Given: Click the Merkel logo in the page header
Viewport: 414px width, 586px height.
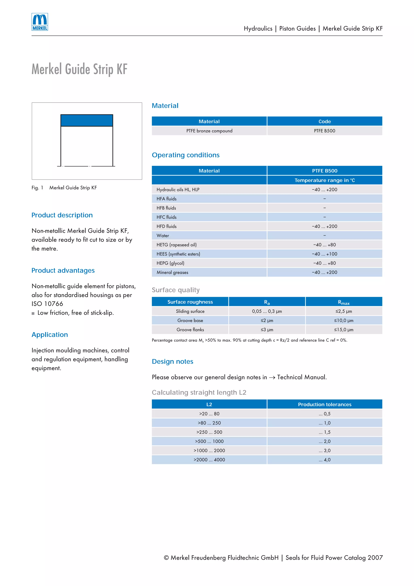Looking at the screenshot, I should (40, 22).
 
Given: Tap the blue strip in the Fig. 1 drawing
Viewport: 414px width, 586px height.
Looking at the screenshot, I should (87, 120).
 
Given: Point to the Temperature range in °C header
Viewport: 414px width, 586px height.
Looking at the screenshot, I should (324, 180).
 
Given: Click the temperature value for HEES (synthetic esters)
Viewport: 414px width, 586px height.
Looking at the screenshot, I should (324, 254).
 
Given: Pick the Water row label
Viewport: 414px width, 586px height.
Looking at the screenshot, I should (163, 236).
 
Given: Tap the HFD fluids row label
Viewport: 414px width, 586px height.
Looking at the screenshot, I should (166, 226).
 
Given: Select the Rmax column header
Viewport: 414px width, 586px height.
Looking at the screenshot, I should (344, 302).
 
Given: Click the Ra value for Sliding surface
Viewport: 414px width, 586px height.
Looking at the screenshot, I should (267, 311).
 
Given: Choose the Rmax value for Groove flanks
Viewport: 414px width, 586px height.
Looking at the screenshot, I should (344, 330).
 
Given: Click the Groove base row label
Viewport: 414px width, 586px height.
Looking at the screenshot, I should (190, 321).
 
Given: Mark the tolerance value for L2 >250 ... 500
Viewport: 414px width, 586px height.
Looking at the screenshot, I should (324, 432).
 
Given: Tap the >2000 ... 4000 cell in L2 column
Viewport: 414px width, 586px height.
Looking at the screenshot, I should (209, 460).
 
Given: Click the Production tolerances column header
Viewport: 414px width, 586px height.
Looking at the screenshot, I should (324, 405).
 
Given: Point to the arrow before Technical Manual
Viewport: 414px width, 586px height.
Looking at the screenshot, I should (272, 378).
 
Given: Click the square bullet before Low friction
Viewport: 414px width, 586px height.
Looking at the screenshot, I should (33, 313).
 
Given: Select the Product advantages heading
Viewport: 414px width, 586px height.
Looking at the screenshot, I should (63, 270).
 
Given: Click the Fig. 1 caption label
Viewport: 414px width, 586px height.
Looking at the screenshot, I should (37, 188).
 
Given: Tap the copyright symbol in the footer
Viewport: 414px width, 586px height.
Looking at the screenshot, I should (166, 558).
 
